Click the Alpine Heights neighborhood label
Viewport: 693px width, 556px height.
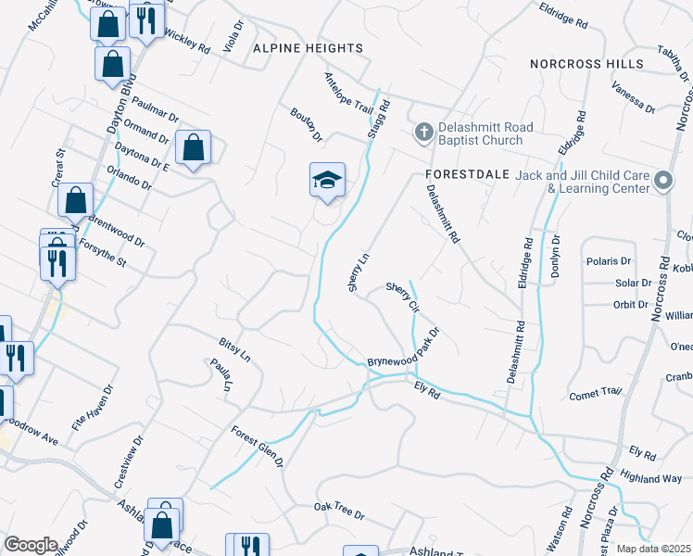(x=295, y=47)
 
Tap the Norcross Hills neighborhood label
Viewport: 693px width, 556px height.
(x=586, y=64)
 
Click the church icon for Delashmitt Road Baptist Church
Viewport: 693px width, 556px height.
(x=423, y=132)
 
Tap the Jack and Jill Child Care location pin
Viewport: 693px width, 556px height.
(x=663, y=181)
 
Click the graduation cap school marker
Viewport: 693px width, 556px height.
(x=327, y=181)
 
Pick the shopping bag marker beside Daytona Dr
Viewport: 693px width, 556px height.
(x=194, y=147)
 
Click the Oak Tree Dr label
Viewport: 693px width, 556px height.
(x=339, y=511)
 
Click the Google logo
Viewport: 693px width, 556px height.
(x=31, y=544)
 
